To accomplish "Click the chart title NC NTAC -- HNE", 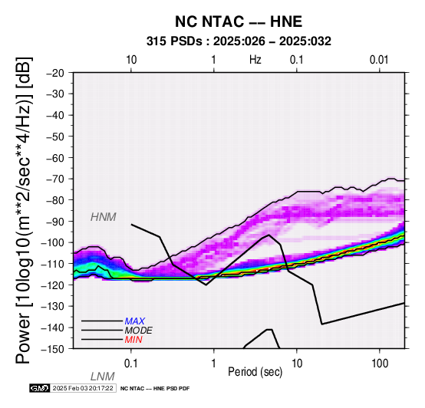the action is click(x=239, y=21).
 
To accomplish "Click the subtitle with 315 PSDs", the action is click(x=239, y=41).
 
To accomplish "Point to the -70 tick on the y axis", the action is click(x=56, y=179).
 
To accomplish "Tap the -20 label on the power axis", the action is click(x=56, y=73).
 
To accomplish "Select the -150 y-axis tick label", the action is click(x=53, y=349).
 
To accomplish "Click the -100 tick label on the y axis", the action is click(x=53, y=242).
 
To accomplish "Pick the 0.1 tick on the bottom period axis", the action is click(x=131, y=364).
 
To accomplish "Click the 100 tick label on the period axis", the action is click(x=380, y=364).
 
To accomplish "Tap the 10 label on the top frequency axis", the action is click(x=131, y=60).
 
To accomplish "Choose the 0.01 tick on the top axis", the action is click(x=379, y=60).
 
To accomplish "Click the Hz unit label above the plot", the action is click(x=255, y=60).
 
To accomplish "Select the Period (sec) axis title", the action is click(x=255, y=372).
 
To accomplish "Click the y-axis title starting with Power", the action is click(x=24, y=210).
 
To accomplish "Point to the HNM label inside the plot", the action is click(x=104, y=217).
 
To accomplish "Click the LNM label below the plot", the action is click(x=103, y=377).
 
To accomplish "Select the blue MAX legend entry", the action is click(x=135, y=321).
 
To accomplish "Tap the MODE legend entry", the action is click(x=139, y=331).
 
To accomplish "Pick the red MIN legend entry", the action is click(x=133, y=340).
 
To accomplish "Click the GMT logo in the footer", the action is click(x=40, y=388).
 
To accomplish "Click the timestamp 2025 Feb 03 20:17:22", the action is click(x=83, y=388).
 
